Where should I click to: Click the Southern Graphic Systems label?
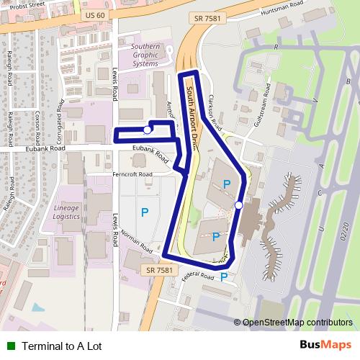tap(145, 56)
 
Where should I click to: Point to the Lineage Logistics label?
tap(66, 212)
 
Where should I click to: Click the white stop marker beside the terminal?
tap(238, 205)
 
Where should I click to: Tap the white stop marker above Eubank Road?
tap(148, 130)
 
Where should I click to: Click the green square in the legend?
tap(11, 346)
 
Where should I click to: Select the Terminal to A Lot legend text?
tap(62, 346)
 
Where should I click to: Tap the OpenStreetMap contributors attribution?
tap(297, 322)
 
